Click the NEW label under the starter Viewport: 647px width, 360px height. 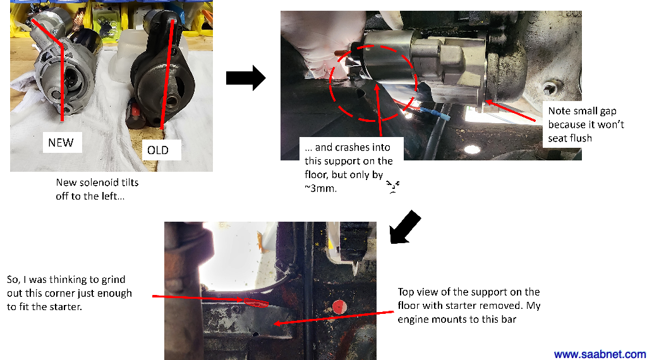tap(61, 143)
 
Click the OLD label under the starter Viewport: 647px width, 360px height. tap(158, 150)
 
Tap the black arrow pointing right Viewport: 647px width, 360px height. tap(246, 78)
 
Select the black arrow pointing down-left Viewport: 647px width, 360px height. tap(405, 227)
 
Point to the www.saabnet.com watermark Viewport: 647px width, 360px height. tap(600, 354)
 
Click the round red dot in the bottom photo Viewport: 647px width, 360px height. tap(339, 307)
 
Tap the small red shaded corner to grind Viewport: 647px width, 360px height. tap(257, 303)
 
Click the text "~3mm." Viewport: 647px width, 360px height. tap(320, 188)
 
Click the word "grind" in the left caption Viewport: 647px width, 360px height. tap(113, 280)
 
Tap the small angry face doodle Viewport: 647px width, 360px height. tap(393, 186)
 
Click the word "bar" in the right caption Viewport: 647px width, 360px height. tap(509, 319)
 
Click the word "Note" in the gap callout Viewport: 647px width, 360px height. tap(559, 111)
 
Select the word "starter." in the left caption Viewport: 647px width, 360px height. tap(66, 307)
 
